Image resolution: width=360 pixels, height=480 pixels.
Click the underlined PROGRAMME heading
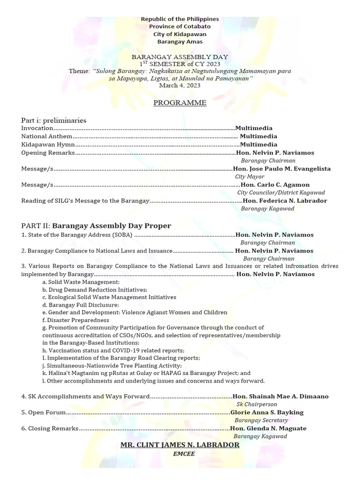pos(180,103)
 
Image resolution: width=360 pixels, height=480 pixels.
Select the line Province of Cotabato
pos(180,27)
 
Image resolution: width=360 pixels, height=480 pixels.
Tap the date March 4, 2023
pos(180,86)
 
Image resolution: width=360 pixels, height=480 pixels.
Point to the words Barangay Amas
pos(180,42)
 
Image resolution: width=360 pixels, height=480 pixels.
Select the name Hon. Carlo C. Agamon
pos(271,185)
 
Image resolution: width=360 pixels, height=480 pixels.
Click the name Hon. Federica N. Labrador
pos(285,201)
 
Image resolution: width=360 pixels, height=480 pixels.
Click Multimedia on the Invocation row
pos(254,128)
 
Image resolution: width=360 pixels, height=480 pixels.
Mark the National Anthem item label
pos(47,136)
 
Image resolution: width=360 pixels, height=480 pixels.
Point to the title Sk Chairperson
pos(256,404)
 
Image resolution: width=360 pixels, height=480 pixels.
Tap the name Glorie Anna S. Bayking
pos(267,412)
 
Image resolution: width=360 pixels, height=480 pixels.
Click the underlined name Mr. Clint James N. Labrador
pos(180,444)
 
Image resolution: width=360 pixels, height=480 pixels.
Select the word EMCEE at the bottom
pos(180,454)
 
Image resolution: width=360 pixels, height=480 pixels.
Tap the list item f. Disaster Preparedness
pos(69,320)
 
